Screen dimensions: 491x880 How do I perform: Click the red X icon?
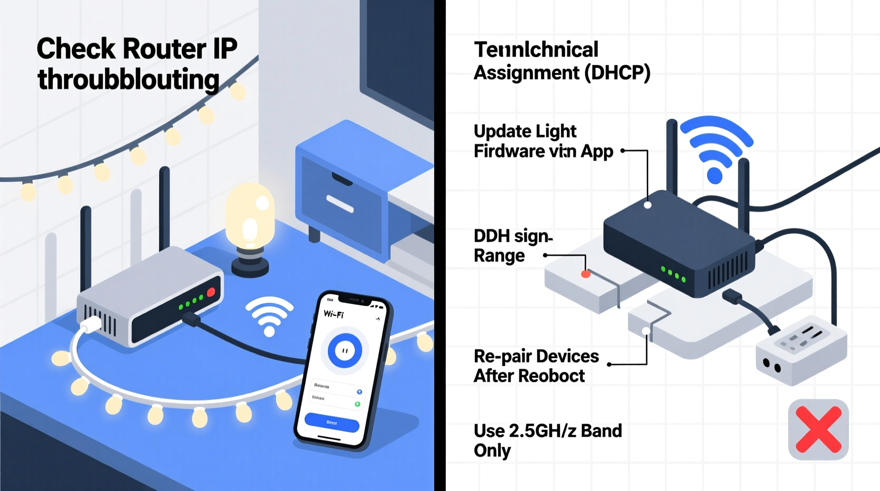(x=818, y=429)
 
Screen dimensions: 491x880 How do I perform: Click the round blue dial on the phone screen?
(x=345, y=350)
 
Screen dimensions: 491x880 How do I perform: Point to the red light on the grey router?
(x=211, y=292)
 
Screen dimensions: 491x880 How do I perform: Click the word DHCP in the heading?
(x=617, y=72)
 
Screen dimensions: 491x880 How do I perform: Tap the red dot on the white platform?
(x=585, y=274)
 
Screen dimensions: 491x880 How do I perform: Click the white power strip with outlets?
(x=801, y=349)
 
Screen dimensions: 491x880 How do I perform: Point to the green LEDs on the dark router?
(x=673, y=274)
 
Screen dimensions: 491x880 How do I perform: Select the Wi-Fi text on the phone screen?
(x=334, y=314)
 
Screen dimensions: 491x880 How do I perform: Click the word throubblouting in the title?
(x=129, y=79)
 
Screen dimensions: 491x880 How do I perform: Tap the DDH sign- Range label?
(x=512, y=245)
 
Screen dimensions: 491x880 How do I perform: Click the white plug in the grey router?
(x=91, y=324)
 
